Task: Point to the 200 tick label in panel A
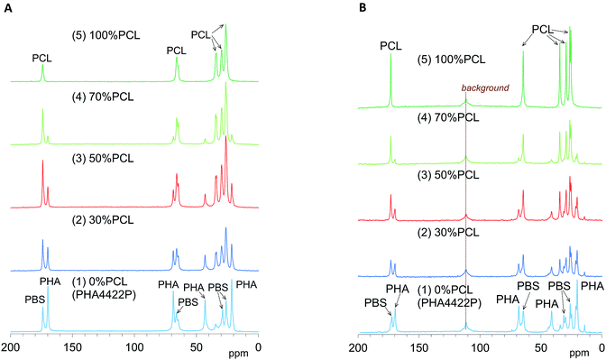[x=12, y=346]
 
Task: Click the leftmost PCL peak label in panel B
[x=390, y=44]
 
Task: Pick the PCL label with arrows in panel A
[x=201, y=34]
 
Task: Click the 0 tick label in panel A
[x=258, y=346]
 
